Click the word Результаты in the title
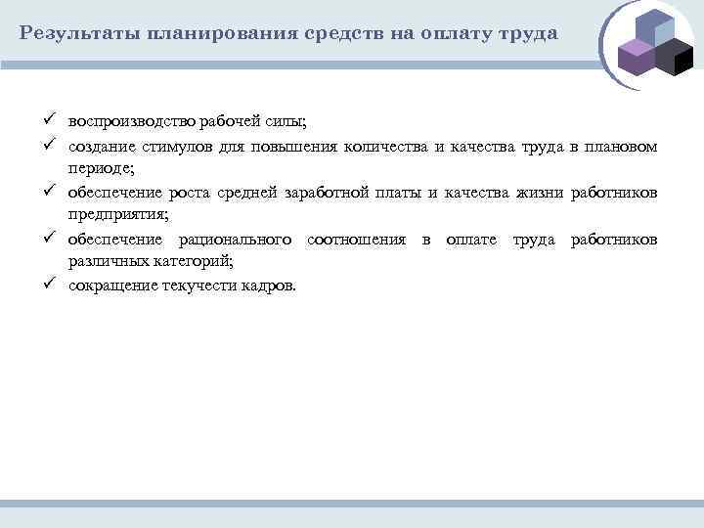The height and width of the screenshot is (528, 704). pyautogui.click(x=77, y=33)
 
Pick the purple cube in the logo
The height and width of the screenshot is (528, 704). pyautogui.click(x=636, y=58)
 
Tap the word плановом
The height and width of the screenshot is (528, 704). pyautogui.click(x=621, y=147)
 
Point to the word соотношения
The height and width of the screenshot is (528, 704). pyautogui.click(x=356, y=240)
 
